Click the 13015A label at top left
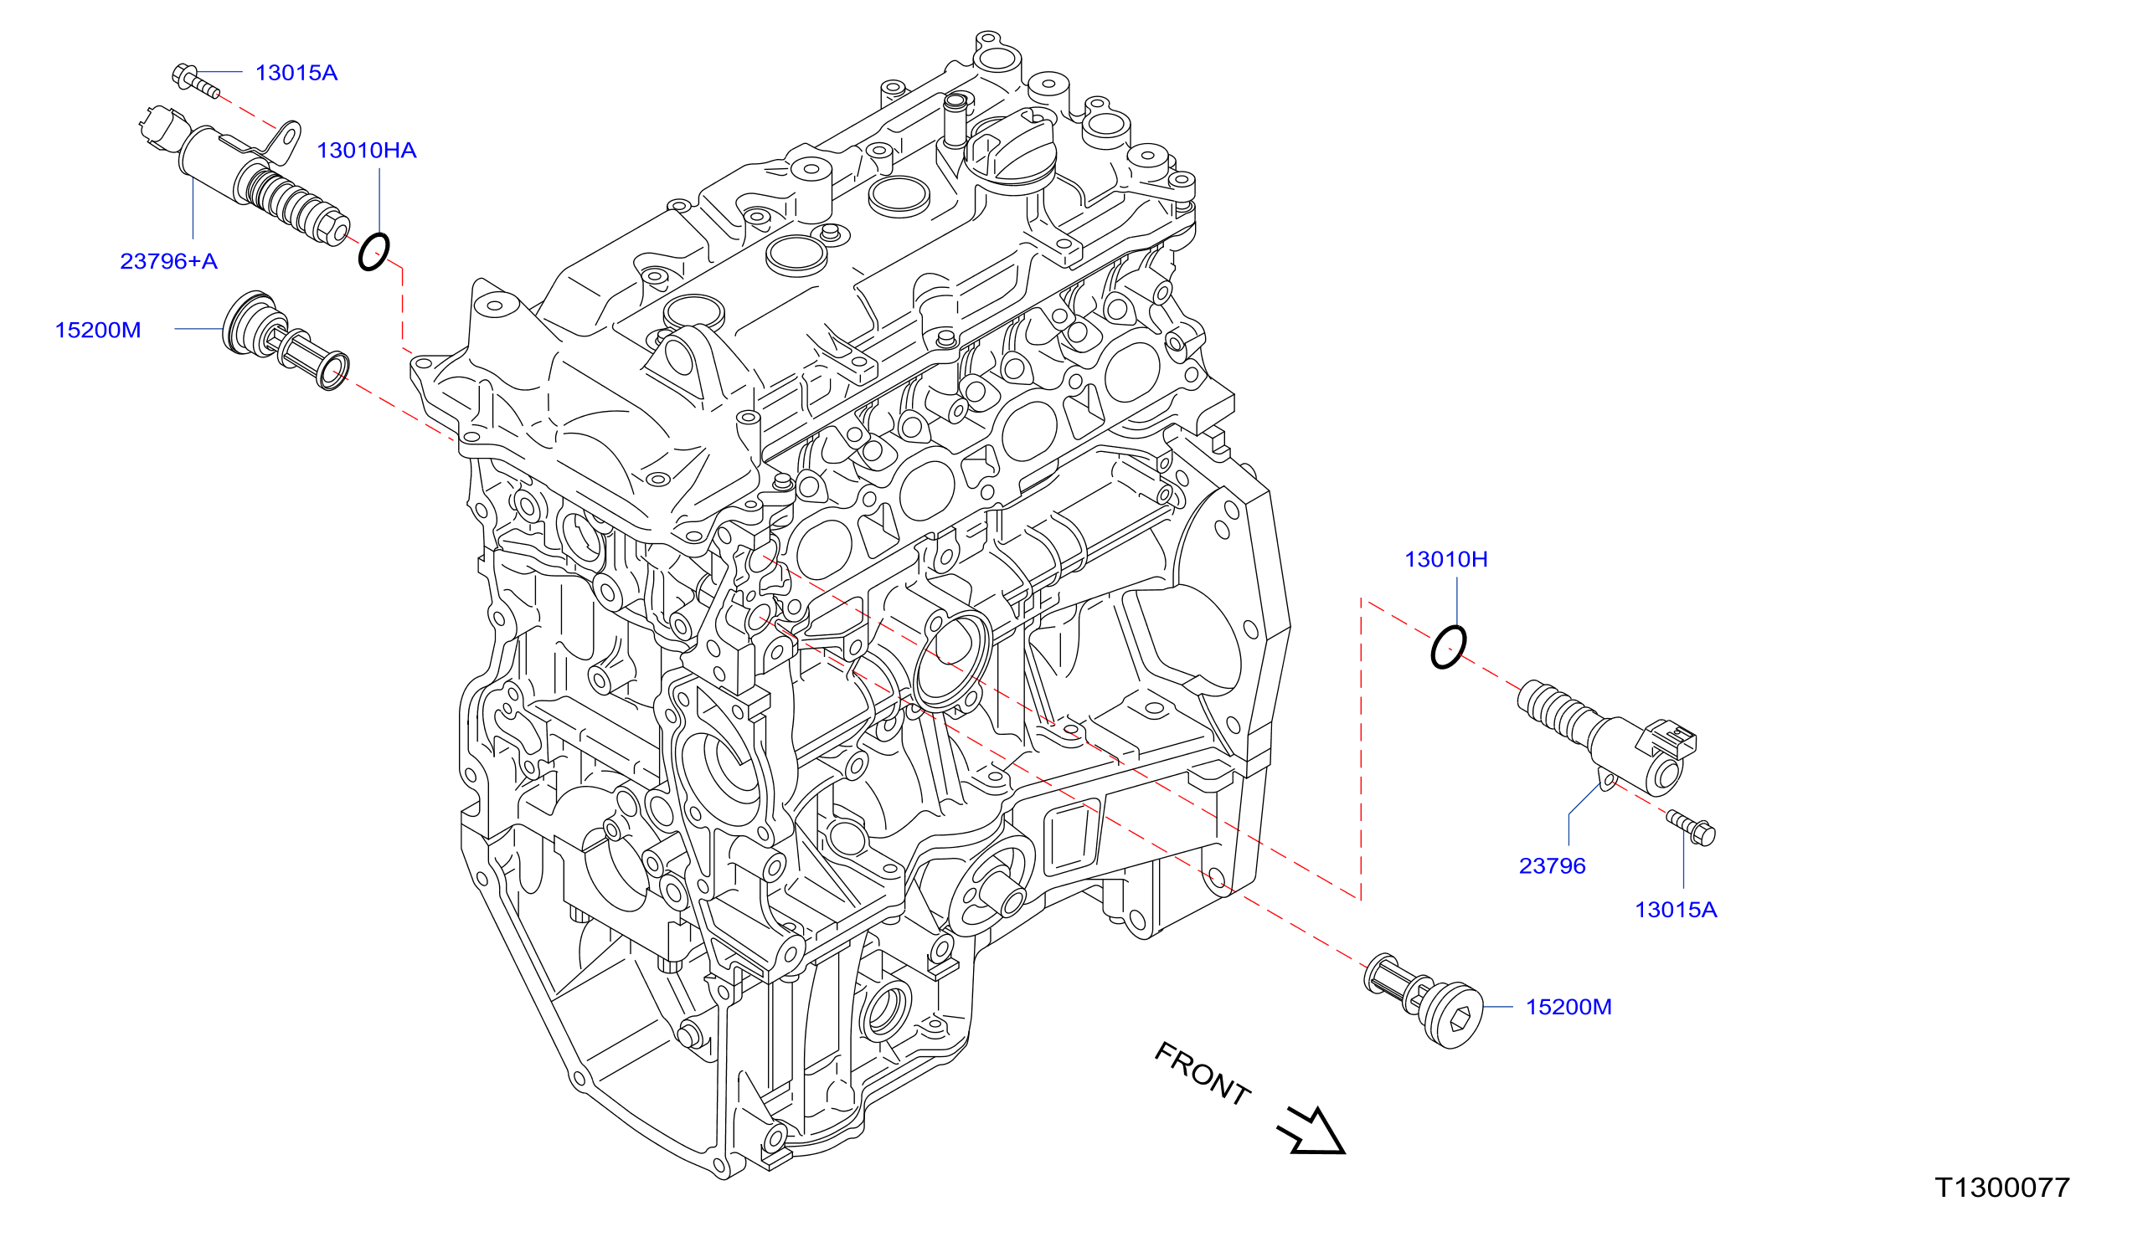coord(296,73)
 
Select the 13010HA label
coord(366,150)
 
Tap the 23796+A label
coord(168,261)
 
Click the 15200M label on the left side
coord(97,330)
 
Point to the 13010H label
coord(1445,560)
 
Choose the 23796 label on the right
coord(1552,866)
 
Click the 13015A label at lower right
coord(1675,909)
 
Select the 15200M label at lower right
coord(1568,1007)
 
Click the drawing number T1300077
coord(2002,1188)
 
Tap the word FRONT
coord(1203,1073)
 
